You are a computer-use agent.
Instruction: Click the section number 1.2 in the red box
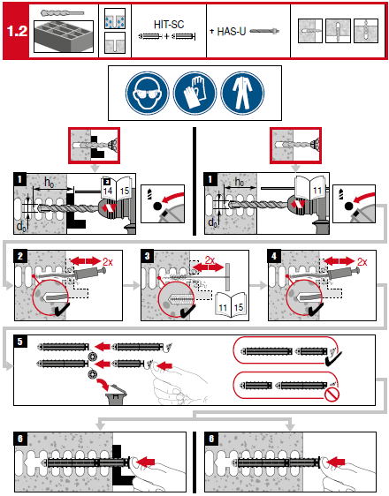tap(17, 31)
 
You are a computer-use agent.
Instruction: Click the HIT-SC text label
tap(169, 25)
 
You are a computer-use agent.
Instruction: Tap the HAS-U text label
tap(232, 31)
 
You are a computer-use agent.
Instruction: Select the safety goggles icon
tap(148, 93)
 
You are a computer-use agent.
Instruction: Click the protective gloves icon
tap(194, 93)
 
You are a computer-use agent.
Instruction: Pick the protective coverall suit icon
tap(242, 93)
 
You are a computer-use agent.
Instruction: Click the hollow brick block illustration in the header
tap(64, 36)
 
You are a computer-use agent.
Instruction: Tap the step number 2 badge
tap(20, 256)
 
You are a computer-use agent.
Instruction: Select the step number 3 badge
tap(148, 256)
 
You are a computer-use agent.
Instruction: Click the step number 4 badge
tap(274, 256)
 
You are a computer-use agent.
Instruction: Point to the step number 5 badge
tap(20, 341)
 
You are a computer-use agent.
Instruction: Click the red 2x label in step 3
tap(210, 260)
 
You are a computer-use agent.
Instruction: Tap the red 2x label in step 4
tap(362, 262)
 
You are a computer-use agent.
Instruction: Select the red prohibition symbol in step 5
tap(332, 395)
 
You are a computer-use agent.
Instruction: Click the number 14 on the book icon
tap(107, 191)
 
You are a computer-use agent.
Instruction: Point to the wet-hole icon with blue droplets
tap(115, 19)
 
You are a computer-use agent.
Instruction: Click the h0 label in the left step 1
tap(50, 183)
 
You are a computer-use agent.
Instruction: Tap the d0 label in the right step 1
tap(212, 222)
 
